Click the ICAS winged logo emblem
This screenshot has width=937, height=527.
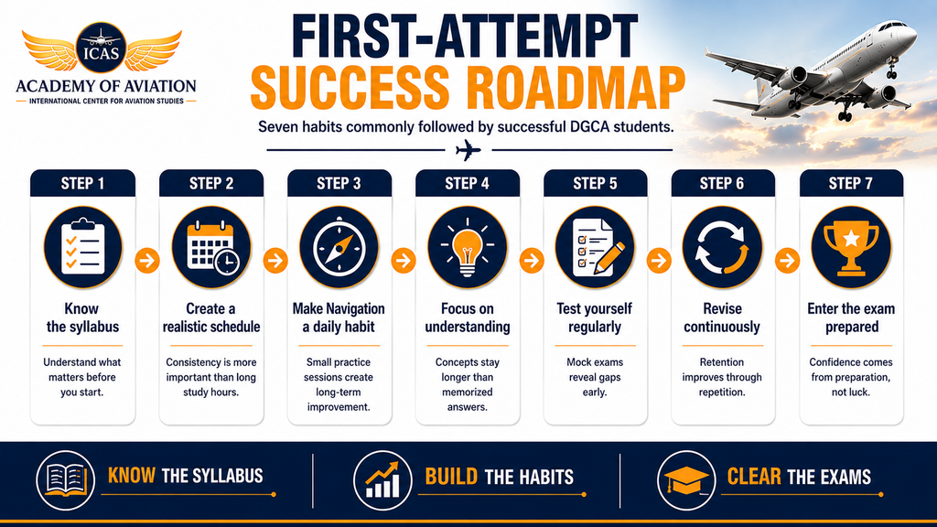102,49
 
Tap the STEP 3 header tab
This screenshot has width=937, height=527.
339,183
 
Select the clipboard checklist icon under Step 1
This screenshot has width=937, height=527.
82,247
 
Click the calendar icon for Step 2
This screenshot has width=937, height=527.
211,247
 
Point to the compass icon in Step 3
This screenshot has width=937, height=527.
339,247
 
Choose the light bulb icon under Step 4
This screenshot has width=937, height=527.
468,247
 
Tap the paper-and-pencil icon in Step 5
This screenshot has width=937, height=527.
595,247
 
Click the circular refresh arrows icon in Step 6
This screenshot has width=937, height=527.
723,247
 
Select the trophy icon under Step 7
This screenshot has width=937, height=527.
851,247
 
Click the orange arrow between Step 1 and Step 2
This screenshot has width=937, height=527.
147,261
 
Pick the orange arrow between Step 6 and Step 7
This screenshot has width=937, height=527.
787,261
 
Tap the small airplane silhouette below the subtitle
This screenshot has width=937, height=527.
468,150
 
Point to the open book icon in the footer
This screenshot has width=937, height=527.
66,480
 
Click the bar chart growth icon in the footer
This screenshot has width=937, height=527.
382,480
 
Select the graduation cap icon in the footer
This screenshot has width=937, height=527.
686,480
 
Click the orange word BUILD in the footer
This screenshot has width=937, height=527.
451,477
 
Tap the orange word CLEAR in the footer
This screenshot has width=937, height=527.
754,477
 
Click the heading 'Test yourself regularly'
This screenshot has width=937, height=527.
595,317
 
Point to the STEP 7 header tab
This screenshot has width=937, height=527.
851,183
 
